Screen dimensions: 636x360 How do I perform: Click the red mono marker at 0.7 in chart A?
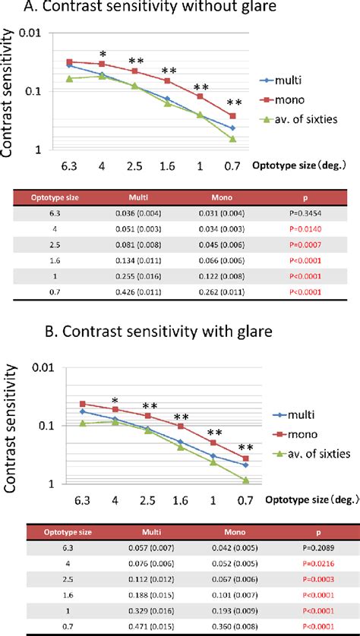(x=232, y=116)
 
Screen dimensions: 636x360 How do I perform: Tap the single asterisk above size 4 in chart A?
(x=102, y=55)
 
